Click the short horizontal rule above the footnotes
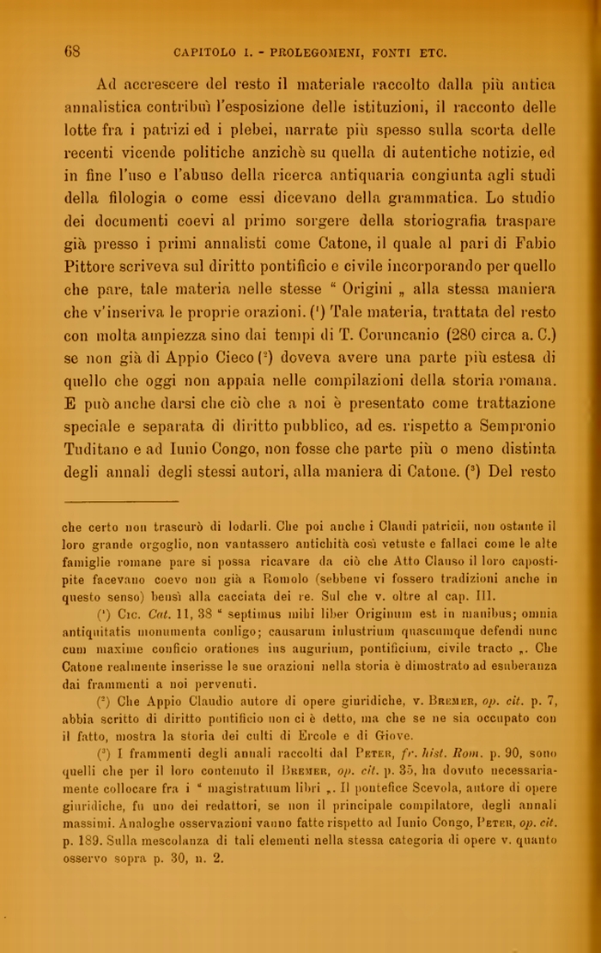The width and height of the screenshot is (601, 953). point(121,502)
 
